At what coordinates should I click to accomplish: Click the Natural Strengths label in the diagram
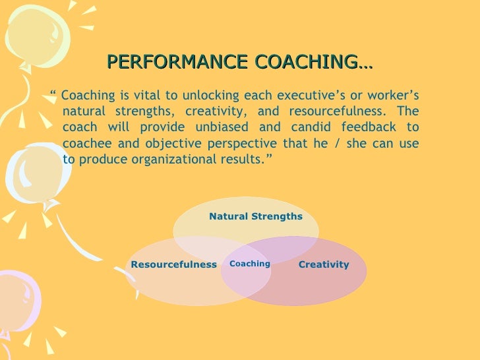[256, 216]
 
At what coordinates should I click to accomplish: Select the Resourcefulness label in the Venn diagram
[174, 264]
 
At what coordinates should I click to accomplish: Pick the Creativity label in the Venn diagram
[324, 264]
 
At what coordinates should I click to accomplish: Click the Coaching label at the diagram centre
[250, 264]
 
